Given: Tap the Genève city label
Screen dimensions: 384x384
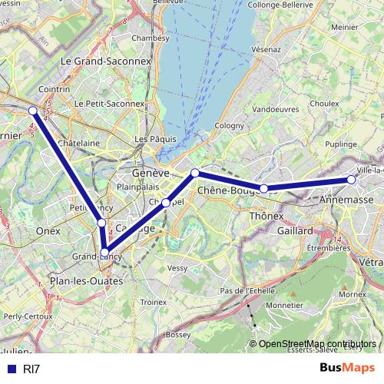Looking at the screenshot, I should click(x=150, y=173).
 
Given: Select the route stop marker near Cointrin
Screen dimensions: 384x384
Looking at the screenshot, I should click(x=33, y=111).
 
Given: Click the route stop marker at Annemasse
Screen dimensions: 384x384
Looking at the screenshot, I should click(x=351, y=180).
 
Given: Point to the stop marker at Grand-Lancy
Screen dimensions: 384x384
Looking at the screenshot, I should click(x=105, y=251).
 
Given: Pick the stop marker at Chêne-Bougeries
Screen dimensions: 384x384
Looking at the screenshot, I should click(x=263, y=188).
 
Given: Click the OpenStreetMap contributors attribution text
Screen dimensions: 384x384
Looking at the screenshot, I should click(x=316, y=344).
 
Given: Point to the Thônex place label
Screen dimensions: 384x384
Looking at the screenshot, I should click(x=267, y=217).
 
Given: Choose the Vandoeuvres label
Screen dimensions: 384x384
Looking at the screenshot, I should click(x=276, y=110).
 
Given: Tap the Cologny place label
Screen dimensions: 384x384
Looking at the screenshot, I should click(x=229, y=125).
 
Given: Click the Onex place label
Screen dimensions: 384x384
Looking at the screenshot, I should click(x=48, y=230).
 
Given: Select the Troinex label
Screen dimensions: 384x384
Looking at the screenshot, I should click(x=154, y=303).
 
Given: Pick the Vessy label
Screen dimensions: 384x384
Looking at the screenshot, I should click(x=177, y=268).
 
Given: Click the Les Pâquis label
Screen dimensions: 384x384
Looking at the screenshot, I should click(x=155, y=139).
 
